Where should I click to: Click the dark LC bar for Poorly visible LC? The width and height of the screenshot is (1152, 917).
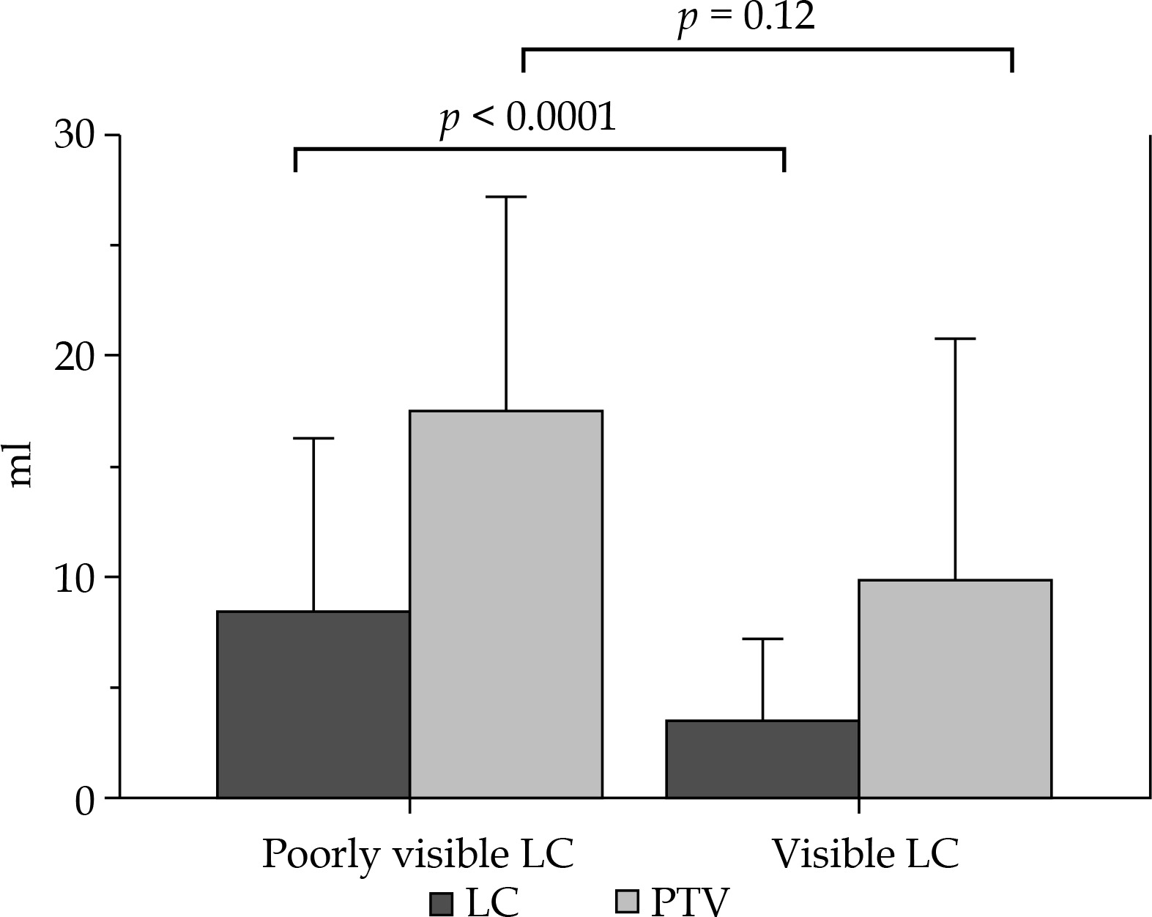click(x=313, y=704)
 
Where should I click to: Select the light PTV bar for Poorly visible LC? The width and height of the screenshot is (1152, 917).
click(x=505, y=604)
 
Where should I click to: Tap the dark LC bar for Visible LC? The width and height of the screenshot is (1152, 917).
click(x=762, y=759)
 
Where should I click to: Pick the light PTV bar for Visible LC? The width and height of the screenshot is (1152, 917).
click(x=955, y=688)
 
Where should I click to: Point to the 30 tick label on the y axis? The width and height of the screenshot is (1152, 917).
click(x=76, y=136)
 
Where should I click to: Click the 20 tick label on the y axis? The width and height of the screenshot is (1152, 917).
click(x=76, y=357)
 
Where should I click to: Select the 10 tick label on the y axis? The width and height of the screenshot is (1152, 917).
click(x=76, y=578)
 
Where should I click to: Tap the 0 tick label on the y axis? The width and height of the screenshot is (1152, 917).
click(x=85, y=801)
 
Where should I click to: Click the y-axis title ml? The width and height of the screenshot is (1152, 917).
click(x=21, y=464)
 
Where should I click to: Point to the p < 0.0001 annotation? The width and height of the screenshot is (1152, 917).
click(x=527, y=118)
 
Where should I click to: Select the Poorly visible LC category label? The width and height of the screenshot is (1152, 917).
click(x=417, y=854)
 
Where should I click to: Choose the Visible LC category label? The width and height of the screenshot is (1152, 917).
click(x=866, y=854)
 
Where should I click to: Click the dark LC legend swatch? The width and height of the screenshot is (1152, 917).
click(x=441, y=902)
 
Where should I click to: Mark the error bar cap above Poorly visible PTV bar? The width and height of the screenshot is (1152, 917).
click(x=505, y=197)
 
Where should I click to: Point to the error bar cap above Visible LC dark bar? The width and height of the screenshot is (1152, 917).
click(x=762, y=639)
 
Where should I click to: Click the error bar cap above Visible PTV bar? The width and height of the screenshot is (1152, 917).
click(x=955, y=339)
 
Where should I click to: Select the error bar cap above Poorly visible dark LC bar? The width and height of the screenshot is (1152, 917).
click(x=313, y=438)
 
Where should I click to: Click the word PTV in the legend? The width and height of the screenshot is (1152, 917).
click(x=690, y=902)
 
